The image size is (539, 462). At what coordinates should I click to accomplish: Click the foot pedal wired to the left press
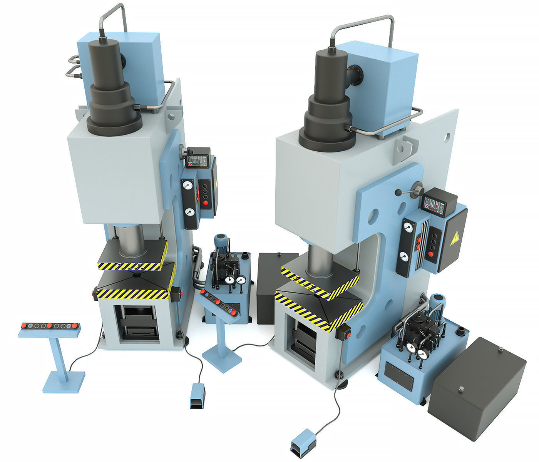click(x=197, y=396)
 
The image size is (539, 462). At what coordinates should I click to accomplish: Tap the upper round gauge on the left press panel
click(x=187, y=185)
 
